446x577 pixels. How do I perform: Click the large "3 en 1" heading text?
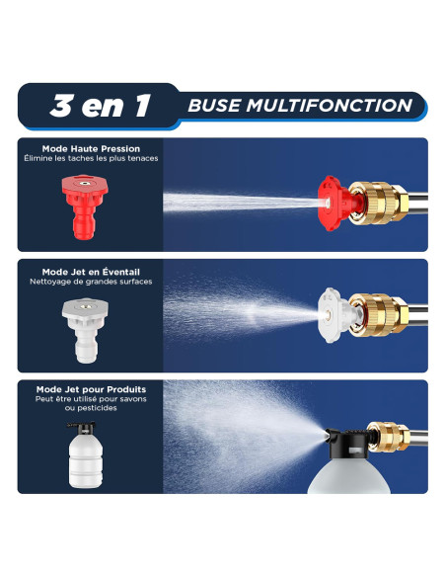(100, 106)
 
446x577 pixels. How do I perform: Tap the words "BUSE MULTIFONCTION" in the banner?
(300, 106)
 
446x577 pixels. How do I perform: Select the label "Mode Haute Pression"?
(91, 148)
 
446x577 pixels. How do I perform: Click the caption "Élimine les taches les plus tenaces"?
(91, 158)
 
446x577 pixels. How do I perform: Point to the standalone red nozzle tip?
(85, 206)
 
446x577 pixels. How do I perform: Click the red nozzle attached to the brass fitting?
(336, 204)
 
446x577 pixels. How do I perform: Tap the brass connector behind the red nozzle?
(378, 203)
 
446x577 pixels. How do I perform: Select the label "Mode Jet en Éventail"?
(91, 272)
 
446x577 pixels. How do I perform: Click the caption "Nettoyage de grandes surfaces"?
(91, 282)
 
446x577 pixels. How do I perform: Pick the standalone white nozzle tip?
(85, 330)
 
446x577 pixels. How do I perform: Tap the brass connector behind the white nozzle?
(378, 315)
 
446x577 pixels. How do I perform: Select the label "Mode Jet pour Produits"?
(91, 389)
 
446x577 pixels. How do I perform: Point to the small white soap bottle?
(85, 455)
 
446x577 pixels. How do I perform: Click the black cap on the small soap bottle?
(82, 427)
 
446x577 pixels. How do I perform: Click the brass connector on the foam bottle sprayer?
(389, 437)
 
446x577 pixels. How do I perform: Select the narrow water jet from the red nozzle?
(243, 202)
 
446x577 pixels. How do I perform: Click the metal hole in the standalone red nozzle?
(85, 182)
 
